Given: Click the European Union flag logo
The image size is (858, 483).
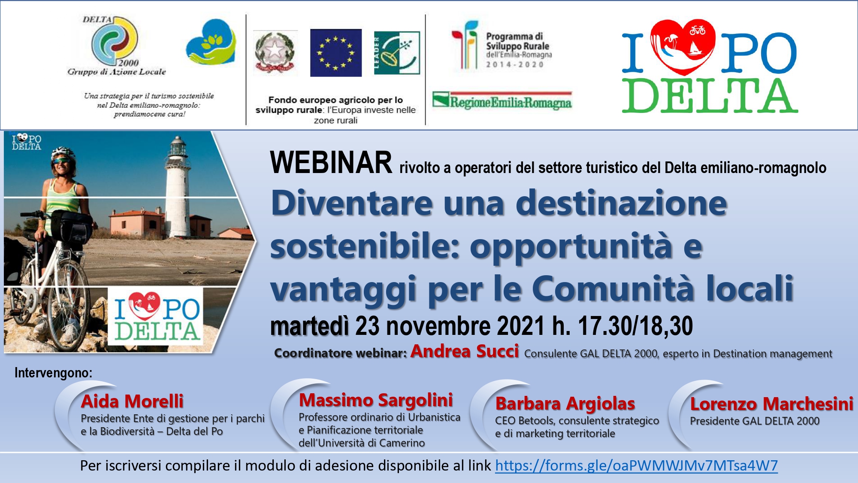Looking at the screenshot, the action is (x=336, y=53).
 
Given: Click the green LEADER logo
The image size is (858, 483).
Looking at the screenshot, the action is (x=397, y=53).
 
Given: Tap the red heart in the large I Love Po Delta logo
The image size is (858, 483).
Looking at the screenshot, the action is (x=682, y=47).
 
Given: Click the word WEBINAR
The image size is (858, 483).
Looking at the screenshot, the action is (x=331, y=163).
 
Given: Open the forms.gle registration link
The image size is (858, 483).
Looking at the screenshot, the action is (x=636, y=466).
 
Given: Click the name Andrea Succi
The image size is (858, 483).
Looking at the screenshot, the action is (x=465, y=351).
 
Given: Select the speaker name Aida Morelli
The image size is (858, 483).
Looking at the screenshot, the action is (x=132, y=401).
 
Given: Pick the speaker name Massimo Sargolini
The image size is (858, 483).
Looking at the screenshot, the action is (x=376, y=400).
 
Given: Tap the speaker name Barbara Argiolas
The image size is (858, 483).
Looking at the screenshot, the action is (x=565, y=404).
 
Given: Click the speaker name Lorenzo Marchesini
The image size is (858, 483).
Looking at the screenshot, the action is (x=772, y=404).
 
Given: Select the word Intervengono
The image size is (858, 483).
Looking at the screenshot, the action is (x=53, y=373).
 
